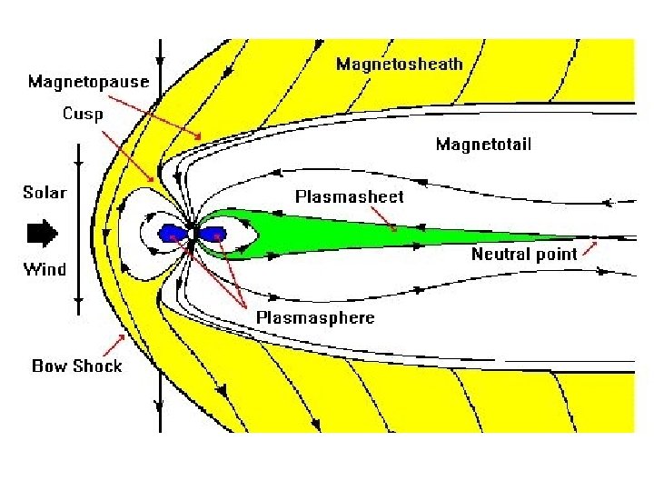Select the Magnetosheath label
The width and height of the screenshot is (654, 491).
click(x=399, y=64)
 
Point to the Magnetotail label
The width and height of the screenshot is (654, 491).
click(x=482, y=144)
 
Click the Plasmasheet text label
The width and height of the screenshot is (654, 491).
click(x=349, y=195)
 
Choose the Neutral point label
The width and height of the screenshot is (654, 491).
click(x=524, y=254)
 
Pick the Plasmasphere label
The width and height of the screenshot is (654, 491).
click(x=314, y=317)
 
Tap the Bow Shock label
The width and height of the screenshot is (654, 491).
click(x=77, y=366)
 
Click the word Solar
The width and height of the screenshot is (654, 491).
click(x=45, y=193)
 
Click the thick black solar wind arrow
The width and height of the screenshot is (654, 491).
click(x=42, y=234)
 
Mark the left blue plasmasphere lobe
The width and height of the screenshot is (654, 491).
click(x=171, y=234)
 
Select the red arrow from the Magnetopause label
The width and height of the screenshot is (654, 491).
click(x=163, y=113)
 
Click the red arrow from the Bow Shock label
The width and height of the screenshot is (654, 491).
click(x=114, y=346)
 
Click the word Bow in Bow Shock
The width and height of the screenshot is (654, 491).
click(x=51, y=366)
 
